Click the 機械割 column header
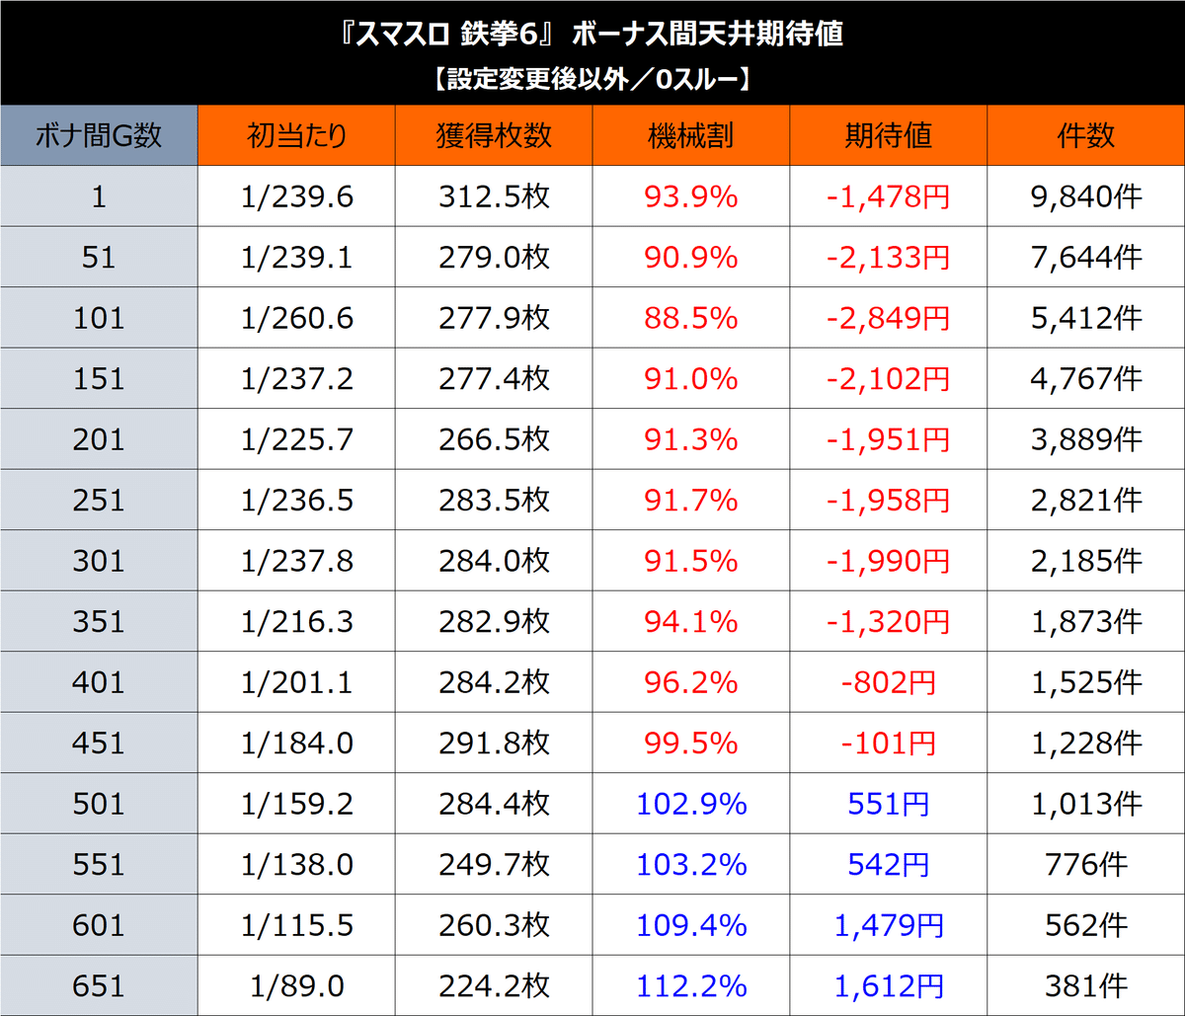pos(690,135)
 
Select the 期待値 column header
pos(888,135)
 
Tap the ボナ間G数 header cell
pos(99,135)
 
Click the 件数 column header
pos(1085,135)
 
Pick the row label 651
pos(99,985)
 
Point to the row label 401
pos(99,682)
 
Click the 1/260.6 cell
pos(296,318)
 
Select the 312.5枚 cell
pos(494,196)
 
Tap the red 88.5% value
pos(690,318)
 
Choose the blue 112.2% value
pos(690,985)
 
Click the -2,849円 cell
pos(888,318)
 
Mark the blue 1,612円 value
pos(888,985)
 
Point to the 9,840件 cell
pos(1085,196)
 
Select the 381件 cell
pos(1085,985)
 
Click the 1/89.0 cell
pos(296,985)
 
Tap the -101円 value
pos(888,742)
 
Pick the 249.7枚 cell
pos(494,864)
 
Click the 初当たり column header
pos(296,135)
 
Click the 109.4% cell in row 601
pos(690,925)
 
